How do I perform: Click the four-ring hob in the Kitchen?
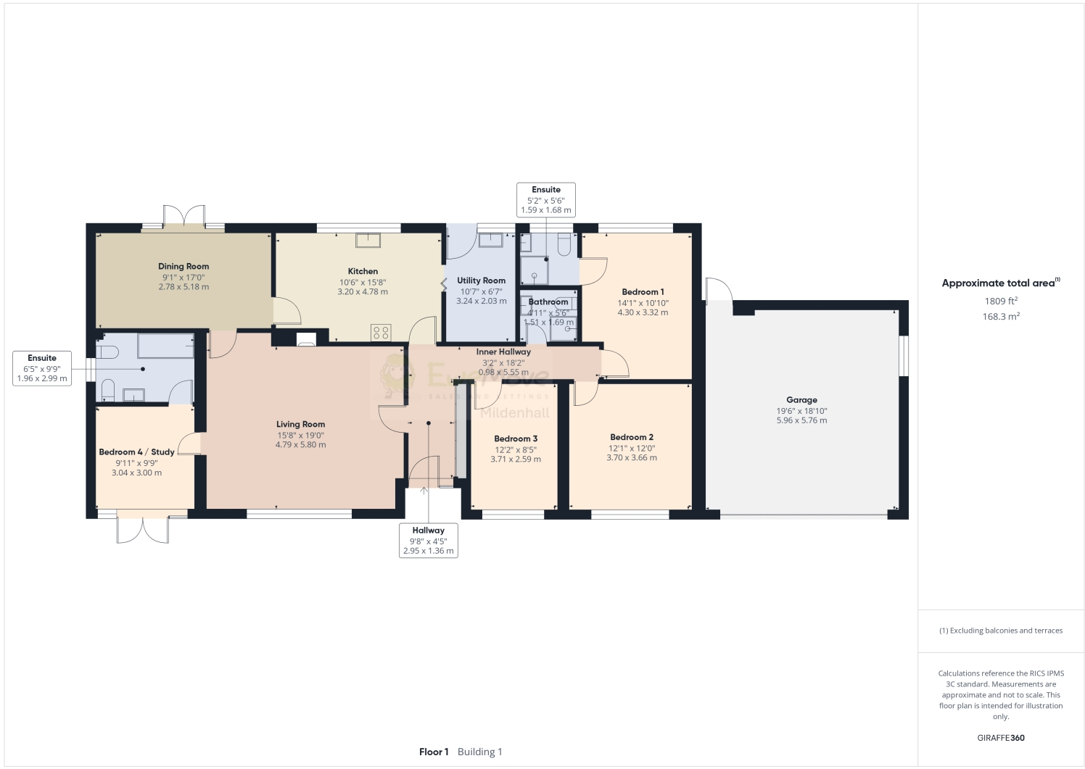[x=381, y=333]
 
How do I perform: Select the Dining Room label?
[x=183, y=267]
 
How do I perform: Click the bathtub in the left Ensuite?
[x=166, y=346]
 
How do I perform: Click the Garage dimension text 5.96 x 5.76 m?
[x=801, y=420]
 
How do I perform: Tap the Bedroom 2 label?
[x=632, y=437]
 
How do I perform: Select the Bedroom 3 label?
[x=516, y=438]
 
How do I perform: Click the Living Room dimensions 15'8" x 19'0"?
[x=300, y=435]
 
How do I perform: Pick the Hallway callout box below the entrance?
[x=428, y=541]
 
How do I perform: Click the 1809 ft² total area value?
[x=1001, y=301]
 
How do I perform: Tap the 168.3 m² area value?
[x=1001, y=317]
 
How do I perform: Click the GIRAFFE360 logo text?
[x=1001, y=738]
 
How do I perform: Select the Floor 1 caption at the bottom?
[x=434, y=752]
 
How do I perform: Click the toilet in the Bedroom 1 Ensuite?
[x=564, y=247]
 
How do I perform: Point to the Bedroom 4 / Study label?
[x=136, y=452]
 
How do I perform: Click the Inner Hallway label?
[x=503, y=352]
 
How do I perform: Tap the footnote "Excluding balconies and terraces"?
[x=1001, y=631]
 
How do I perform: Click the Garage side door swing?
[x=719, y=289]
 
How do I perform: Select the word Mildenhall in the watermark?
[x=516, y=413]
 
